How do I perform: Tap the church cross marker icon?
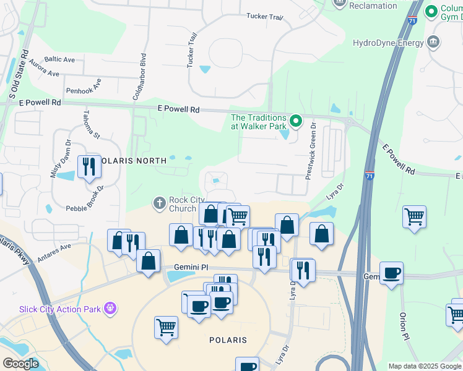[160, 202]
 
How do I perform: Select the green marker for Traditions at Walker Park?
[296, 121]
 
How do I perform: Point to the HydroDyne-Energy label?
[387, 43]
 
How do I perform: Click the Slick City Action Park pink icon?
[111, 306]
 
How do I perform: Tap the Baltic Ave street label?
[59, 59]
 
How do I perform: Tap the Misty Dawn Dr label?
[60, 160]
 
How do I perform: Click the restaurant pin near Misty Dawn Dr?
[89, 166]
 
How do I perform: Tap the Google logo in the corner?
[20, 364]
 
